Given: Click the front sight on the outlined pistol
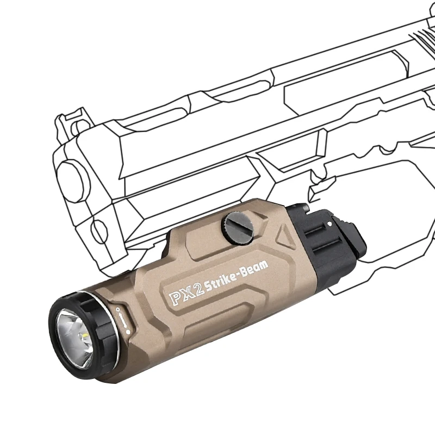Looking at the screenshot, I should [70, 121].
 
